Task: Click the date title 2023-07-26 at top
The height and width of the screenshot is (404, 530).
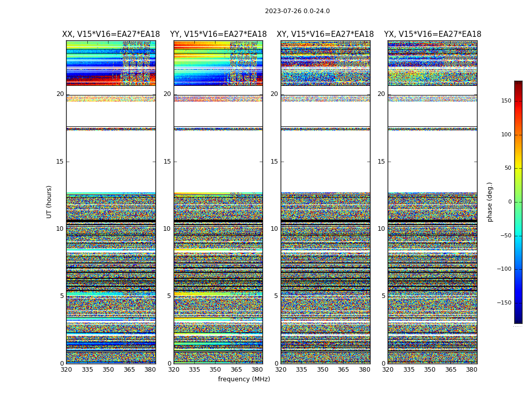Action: (x=297, y=11)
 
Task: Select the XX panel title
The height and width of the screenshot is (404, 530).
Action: (x=111, y=34)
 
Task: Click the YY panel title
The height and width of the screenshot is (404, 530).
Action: (x=218, y=34)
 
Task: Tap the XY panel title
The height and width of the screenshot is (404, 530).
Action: (x=325, y=34)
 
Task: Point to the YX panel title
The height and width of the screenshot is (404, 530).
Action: (x=433, y=34)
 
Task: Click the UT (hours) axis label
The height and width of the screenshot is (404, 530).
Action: (x=49, y=201)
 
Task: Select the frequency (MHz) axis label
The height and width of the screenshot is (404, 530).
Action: (x=244, y=379)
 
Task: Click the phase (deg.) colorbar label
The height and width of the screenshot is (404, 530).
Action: (x=490, y=201)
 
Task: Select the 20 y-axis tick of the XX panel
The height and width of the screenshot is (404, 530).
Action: (x=60, y=94)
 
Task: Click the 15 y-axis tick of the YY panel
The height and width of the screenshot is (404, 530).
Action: (x=167, y=162)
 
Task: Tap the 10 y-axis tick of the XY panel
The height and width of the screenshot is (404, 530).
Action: (x=274, y=229)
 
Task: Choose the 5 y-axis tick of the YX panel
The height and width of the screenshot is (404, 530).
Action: (x=383, y=296)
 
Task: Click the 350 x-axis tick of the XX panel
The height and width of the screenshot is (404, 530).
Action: (x=108, y=370)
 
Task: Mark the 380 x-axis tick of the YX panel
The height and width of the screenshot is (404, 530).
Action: (x=471, y=370)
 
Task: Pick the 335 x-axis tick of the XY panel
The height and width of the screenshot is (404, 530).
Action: (x=301, y=370)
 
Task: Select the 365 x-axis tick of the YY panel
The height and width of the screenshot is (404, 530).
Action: (x=236, y=370)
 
